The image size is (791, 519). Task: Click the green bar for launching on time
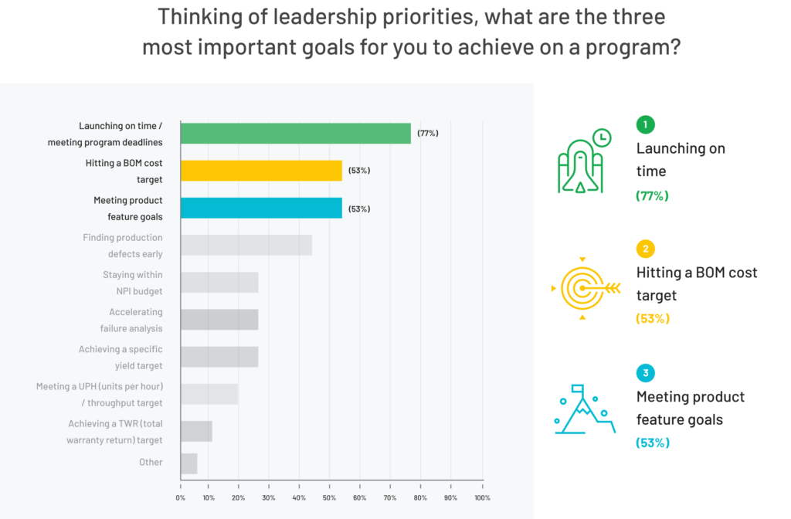tap(295, 134)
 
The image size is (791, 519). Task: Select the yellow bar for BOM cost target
tap(261, 171)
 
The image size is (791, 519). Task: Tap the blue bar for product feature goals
tap(261, 208)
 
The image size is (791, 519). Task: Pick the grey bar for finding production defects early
tap(246, 245)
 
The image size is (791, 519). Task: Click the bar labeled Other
tap(188, 463)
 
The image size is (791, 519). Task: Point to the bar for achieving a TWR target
tap(196, 431)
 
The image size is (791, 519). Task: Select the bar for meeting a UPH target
tap(209, 394)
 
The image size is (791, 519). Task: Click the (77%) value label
tap(428, 134)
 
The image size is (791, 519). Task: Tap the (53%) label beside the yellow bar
tap(359, 171)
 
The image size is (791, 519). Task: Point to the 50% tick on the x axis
tap(331, 497)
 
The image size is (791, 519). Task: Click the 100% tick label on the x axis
tap(482, 497)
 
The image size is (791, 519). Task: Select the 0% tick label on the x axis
tap(181, 497)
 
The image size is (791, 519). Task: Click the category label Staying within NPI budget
tap(132, 283)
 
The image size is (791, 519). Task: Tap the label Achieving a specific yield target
tap(121, 357)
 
